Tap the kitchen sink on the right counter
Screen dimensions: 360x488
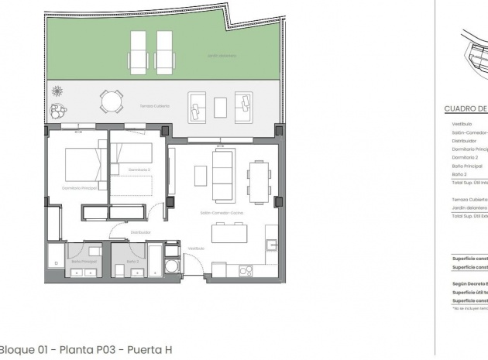(271, 245)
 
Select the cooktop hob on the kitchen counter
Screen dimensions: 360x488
(247, 270)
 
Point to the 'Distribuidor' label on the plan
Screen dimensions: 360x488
(140, 231)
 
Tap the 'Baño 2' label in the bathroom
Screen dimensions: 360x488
(132, 262)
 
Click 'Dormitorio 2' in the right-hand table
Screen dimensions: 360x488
(466, 157)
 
